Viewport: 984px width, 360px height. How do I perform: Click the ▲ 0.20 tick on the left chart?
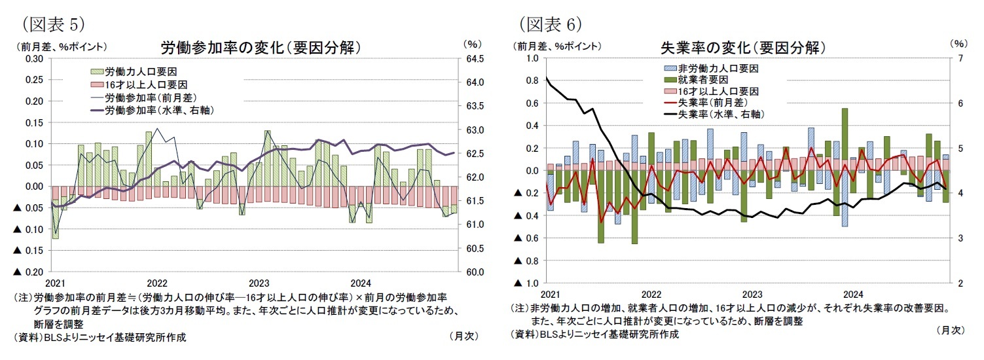[29, 272]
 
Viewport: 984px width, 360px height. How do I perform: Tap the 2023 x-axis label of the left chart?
[259, 283]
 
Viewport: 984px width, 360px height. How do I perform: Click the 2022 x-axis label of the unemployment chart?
[649, 295]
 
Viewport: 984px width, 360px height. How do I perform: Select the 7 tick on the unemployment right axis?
[959, 59]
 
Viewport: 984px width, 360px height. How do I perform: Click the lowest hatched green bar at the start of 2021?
[55, 219]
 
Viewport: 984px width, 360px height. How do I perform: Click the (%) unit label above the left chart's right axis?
[471, 45]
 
